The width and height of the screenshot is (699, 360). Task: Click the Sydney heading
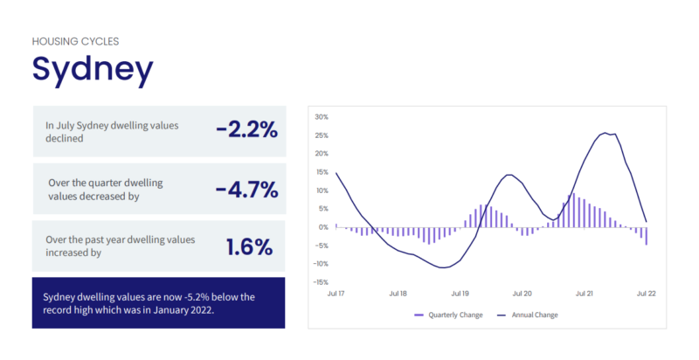tap(92, 69)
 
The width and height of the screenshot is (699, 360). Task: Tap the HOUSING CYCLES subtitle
tap(75, 41)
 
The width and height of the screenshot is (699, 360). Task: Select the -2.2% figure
tap(246, 131)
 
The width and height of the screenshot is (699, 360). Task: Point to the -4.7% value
tap(246, 190)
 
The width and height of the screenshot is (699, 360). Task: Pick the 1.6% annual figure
tap(251, 246)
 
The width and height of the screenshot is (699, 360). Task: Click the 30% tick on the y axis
tap(321, 116)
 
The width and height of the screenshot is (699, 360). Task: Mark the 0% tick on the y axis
tap(322, 227)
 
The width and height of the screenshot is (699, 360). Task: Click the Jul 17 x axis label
tap(336, 294)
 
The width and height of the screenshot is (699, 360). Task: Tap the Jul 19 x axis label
tap(459, 294)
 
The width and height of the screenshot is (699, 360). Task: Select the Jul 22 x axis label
tap(646, 294)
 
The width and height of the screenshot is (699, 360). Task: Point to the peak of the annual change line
tap(606, 133)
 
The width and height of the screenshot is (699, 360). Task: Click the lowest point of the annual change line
tap(443, 267)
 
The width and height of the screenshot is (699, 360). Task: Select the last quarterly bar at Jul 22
tap(646, 236)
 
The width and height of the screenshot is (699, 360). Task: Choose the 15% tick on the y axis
tap(321, 171)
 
